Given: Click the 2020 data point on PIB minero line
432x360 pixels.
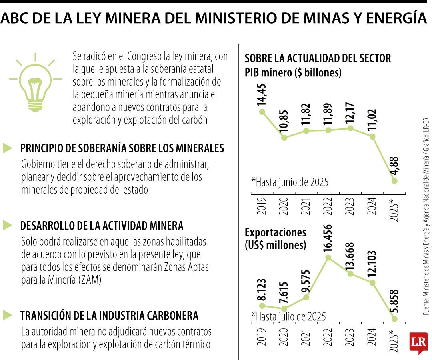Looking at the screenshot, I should (284, 138).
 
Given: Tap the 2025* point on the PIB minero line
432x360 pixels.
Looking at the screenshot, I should (394, 181).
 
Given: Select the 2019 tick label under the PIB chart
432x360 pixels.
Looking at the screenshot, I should (262, 205).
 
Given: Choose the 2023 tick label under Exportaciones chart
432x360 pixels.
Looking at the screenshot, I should (350, 340).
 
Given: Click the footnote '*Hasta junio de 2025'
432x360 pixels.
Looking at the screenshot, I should (290, 182).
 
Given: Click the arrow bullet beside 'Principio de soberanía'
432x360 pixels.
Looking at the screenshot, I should (8, 148).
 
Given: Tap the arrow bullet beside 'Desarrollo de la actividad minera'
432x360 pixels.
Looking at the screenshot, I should (8, 225).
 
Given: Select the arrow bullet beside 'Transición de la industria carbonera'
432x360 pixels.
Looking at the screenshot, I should (8, 315).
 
